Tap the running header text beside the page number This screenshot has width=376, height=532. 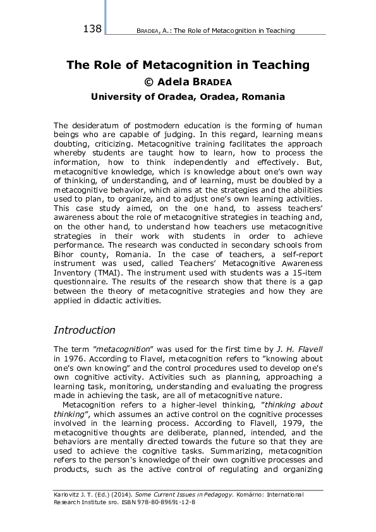(x=215, y=30)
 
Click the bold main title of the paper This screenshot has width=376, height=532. (x=188, y=65)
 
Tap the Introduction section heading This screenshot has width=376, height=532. (x=84, y=330)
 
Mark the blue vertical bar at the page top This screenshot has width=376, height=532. (x=105, y=16)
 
